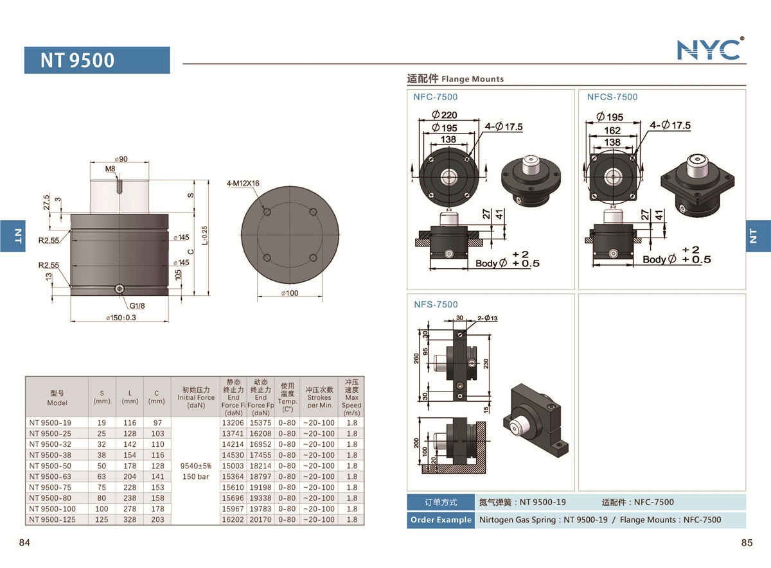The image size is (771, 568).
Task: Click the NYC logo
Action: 709,49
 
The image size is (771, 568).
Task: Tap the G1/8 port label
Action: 136,306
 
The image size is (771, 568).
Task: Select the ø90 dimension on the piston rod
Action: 120,159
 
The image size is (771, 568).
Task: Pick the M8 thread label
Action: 111,169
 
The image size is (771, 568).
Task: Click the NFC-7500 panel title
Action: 436,97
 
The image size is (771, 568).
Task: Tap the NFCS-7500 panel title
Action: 612,97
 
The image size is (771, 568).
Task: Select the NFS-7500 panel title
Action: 436,304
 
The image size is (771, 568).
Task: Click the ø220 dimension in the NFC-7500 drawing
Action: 445,116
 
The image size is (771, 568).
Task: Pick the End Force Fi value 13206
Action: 233,423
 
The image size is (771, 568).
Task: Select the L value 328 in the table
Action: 130,519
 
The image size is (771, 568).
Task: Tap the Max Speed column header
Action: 351,397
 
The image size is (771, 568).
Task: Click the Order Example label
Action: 440,520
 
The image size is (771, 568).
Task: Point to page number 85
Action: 746,543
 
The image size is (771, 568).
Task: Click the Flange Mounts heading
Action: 456,79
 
